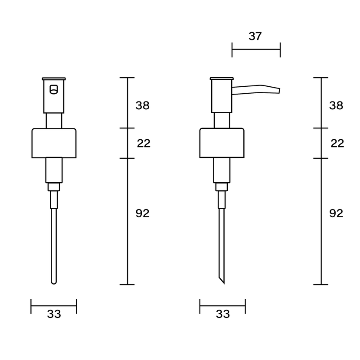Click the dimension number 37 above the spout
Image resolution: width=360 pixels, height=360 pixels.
click(255, 36)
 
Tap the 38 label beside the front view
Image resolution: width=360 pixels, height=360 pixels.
click(142, 105)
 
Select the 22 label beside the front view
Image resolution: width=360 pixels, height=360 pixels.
click(144, 143)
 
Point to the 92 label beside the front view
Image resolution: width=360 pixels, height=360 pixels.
click(142, 213)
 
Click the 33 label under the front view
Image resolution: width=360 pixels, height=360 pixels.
click(54, 314)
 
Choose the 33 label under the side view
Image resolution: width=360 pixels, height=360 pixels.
click(223, 314)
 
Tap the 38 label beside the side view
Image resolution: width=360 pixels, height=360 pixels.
click(336, 105)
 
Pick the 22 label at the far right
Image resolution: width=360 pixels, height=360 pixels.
click(337, 143)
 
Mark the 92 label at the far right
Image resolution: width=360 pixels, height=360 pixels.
click(336, 213)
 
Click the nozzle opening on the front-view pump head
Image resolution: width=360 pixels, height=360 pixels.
click(54, 89)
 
